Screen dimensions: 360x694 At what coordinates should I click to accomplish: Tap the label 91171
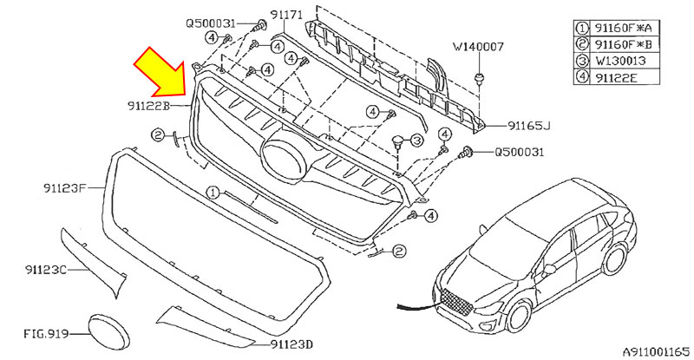coord(285,15)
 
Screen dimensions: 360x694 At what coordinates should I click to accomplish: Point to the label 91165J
coord(528,126)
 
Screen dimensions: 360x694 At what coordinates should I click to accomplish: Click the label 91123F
coord(63,187)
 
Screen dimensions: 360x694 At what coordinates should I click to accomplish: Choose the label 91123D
coord(291,344)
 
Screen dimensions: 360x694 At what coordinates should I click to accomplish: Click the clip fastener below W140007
coord(479,79)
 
